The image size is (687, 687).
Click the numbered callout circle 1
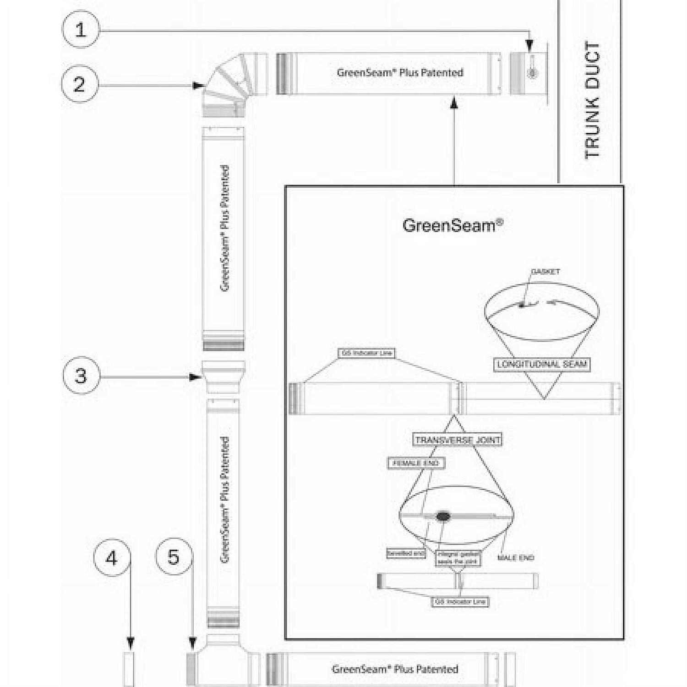tap(81, 30)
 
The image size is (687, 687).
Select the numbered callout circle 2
tap(80, 84)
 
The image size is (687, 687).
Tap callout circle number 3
tap(81, 376)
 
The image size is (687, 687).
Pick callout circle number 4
tap(112, 558)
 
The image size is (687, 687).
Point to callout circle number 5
tap(174, 557)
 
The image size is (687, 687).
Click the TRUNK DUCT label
tap(592, 100)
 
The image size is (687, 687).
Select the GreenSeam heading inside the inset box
tap(453, 225)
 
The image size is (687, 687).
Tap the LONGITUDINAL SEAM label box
tap(542, 365)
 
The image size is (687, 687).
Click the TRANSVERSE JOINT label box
tap(458, 440)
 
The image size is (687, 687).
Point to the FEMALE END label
tap(416, 463)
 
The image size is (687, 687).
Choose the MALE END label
tap(516, 557)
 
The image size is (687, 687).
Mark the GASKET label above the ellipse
tap(545, 272)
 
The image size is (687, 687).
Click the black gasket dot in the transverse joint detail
tap(442, 517)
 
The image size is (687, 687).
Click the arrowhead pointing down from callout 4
tap(131, 644)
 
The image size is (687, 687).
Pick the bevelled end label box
tap(406, 553)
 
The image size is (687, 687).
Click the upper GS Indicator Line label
tap(367, 353)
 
